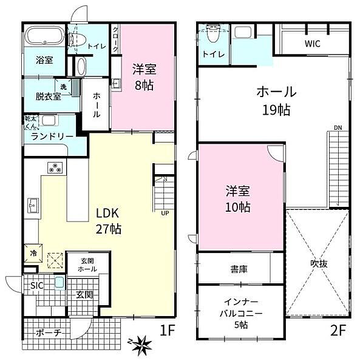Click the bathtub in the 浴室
point(44,38)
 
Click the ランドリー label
point(52,136)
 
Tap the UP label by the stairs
point(165,213)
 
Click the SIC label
point(36,285)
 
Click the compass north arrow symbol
point(144,345)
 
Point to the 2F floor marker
point(339,332)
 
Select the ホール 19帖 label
point(276,100)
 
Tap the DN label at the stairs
point(338,128)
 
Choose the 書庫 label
point(238,268)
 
